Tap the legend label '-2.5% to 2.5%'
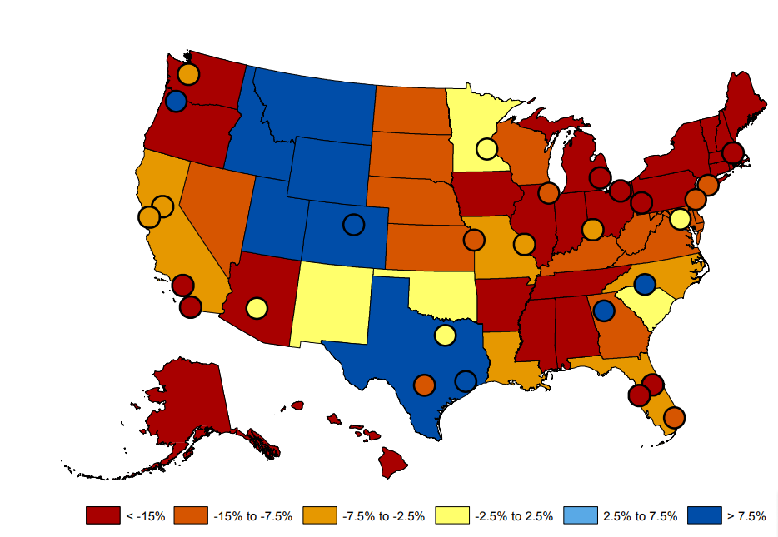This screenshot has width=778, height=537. click(514, 516)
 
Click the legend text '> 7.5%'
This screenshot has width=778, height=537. click(746, 516)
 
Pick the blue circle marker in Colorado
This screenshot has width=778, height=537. click(353, 225)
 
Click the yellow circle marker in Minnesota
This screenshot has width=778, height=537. click(486, 150)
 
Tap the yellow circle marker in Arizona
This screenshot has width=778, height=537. click(257, 308)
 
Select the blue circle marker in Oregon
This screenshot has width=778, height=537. click(175, 102)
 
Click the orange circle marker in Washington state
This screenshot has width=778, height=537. click(188, 74)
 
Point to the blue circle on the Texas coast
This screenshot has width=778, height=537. click(466, 381)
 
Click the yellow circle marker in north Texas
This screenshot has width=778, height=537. click(445, 336)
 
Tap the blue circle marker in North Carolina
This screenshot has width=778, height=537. click(644, 284)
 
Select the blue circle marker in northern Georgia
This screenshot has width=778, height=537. click(604, 311)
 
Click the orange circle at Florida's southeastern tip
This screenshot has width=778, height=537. click(674, 417)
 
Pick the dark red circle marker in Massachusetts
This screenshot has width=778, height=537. click(732, 152)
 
